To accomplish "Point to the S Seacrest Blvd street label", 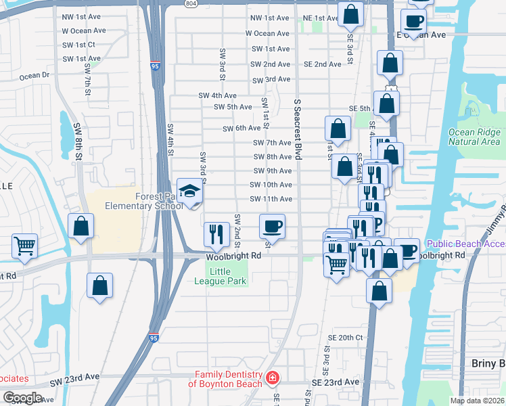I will (x=297, y=129).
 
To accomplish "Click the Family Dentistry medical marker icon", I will (x=272, y=378).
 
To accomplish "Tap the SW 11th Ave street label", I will (x=271, y=199).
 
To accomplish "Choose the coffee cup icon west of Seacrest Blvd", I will (x=272, y=225).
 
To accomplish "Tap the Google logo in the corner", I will (x=22, y=398).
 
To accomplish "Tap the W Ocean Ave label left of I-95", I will (x=84, y=30).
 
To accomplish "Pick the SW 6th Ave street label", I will (x=241, y=128).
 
